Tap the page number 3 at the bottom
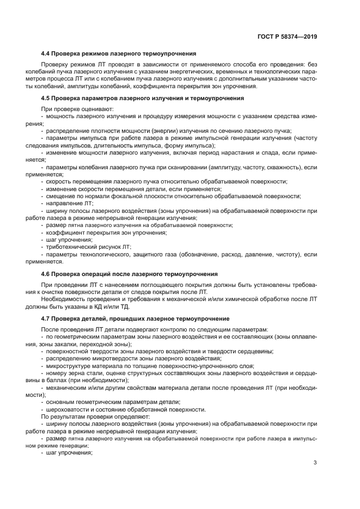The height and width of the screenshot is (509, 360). [x=315, y=463]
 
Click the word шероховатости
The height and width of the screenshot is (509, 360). [x=66, y=409]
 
